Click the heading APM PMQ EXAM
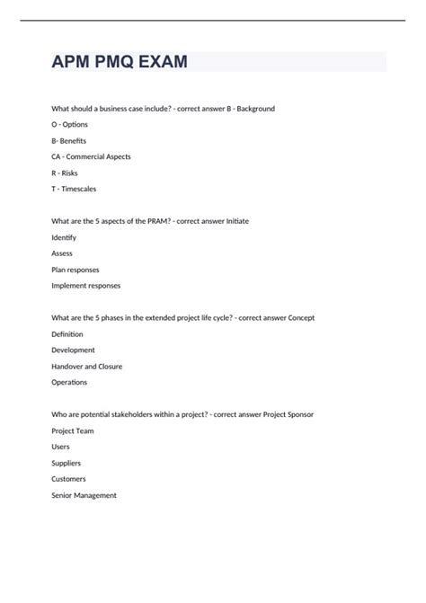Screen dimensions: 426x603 click(120, 62)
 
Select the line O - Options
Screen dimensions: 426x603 click(70, 125)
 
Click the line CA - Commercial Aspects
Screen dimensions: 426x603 click(91, 157)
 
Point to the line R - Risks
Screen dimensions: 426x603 click(65, 173)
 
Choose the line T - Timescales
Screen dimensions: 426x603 click(74, 190)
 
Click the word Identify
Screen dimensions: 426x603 click(64, 238)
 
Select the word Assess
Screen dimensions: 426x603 click(62, 254)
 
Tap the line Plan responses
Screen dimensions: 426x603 click(75, 270)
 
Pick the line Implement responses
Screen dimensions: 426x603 click(86, 286)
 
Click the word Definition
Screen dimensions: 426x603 click(68, 334)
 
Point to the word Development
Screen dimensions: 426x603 click(73, 350)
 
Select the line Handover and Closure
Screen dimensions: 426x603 click(87, 367)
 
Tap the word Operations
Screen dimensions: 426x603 click(69, 383)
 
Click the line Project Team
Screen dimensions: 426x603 click(73, 431)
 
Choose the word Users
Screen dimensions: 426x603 click(60, 448)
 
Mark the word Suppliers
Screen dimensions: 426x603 click(67, 463)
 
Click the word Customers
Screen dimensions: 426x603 click(69, 479)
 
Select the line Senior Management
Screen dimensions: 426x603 click(84, 495)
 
